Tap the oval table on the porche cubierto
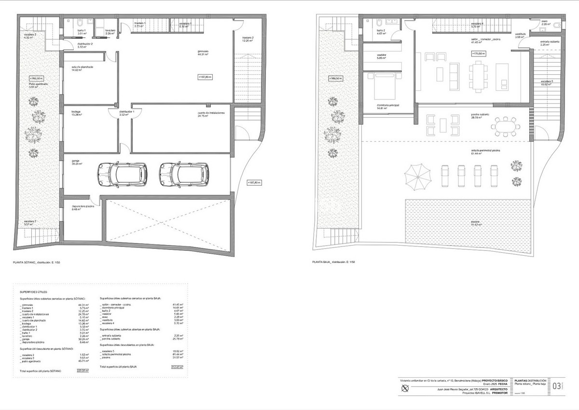coord(505,127)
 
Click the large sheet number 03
coord(556,386)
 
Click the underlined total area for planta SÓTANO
coord(83,370)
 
